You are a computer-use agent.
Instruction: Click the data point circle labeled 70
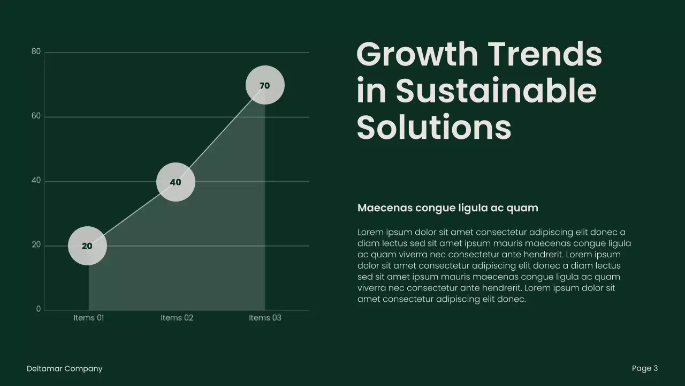point(265,85)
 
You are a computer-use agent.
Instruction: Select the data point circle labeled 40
point(176,182)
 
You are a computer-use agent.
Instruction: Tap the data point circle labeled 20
point(87,246)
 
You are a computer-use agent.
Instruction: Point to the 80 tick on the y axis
point(36,52)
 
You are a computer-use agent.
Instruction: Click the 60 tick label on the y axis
point(36,116)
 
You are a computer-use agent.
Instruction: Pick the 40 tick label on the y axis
point(36,181)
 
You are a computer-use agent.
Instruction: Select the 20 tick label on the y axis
point(36,245)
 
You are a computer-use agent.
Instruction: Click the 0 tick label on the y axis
point(38,309)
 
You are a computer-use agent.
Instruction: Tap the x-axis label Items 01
point(88,318)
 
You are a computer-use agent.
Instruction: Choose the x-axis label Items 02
point(177,318)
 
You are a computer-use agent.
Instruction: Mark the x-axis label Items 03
point(265,318)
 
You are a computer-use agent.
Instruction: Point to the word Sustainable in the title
point(496,91)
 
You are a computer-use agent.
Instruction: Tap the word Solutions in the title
point(433,128)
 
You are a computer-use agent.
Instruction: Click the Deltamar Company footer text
point(64,369)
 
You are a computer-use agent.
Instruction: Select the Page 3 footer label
point(644,368)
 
